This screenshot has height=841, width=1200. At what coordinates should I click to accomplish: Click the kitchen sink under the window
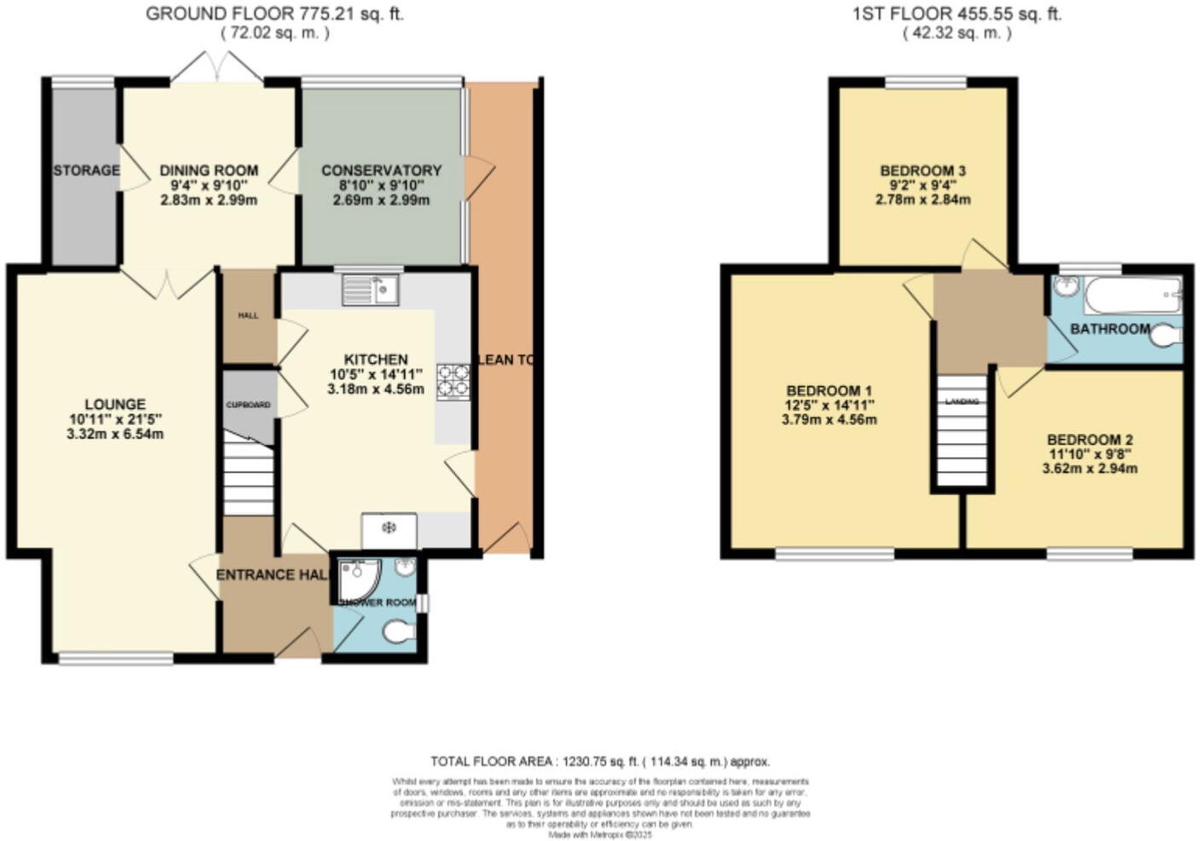point(371,291)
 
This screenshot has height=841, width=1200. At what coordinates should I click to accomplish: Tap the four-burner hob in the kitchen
point(453,381)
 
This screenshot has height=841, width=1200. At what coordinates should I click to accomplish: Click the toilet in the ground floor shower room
point(398,631)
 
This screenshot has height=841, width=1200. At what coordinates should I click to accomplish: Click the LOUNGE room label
point(115,404)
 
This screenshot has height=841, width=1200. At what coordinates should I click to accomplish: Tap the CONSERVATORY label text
point(381,170)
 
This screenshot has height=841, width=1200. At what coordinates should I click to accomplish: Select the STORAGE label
point(86,170)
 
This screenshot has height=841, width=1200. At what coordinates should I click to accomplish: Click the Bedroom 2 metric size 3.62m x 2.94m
point(1089,468)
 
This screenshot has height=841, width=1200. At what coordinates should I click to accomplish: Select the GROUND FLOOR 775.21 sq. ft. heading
point(274,14)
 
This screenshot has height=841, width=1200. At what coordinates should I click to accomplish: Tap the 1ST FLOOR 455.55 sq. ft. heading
point(956,14)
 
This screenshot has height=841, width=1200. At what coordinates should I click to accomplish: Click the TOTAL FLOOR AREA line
point(599,762)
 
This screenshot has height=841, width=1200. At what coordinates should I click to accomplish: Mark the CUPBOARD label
point(248,405)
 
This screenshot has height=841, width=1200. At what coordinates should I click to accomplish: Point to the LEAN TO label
point(506,360)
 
